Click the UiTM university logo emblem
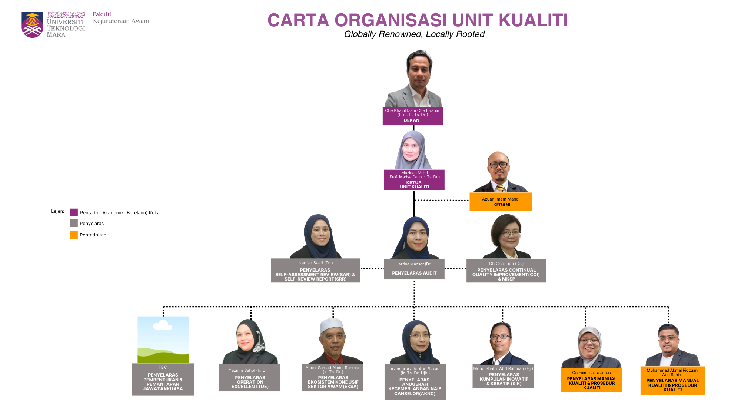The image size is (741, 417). pyautogui.click(x=32, y=25)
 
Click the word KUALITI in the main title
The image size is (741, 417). pyautogui.click(x=533, y=20)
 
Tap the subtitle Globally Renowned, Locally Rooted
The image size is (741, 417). pyautogui.click(x=414, y=34)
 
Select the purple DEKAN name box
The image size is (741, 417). pyautogui.click(x=413, y=116)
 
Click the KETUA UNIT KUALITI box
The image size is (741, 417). pyautogui.click(x=414, y=180)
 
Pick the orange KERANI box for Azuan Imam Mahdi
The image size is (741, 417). pyautogui.click(x=501, y=202)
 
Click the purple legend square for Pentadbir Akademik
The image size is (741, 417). pyautogui.click(x=74, y=212)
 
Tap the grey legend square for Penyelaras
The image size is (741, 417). pyautogui.click(x=74, y=223)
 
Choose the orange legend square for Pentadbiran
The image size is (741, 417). pyautogui.click(x=74, y=235)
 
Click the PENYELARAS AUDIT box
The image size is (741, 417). pyautogui.click(x=414, y=269)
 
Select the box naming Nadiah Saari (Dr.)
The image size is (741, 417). pyautogui.click(x=315, y=271)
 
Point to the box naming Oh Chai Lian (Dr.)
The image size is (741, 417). pyautogui.click(x=506, y=271)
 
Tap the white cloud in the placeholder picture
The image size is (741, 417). pyautogui.click(x=162, y=325)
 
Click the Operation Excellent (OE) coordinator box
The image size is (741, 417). pyautogui.click(x=249, y=378)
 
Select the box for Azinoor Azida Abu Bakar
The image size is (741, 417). pyautogui.click(x=415, y=382)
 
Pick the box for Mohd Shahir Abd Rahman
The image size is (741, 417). pyautogui.click(x=503, y=376)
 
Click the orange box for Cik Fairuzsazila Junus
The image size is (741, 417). pyautogui.click(x=591, y=380)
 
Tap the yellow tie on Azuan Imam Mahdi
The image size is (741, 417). pyautogui.click(x=501, y=188)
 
